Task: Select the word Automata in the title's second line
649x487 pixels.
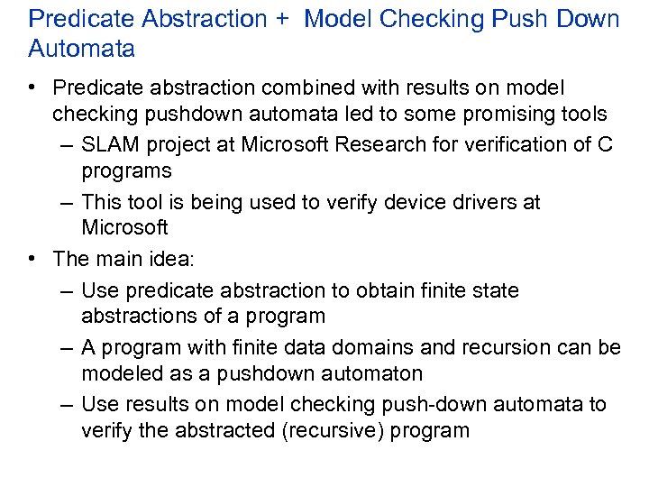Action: (x=82, y=49)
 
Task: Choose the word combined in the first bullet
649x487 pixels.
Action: (x=307, y=87)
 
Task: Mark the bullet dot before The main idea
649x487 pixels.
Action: (x=32, y=259)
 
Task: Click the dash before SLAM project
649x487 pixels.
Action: (x=69, y=145)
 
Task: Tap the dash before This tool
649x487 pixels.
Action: (x=69, y=202)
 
